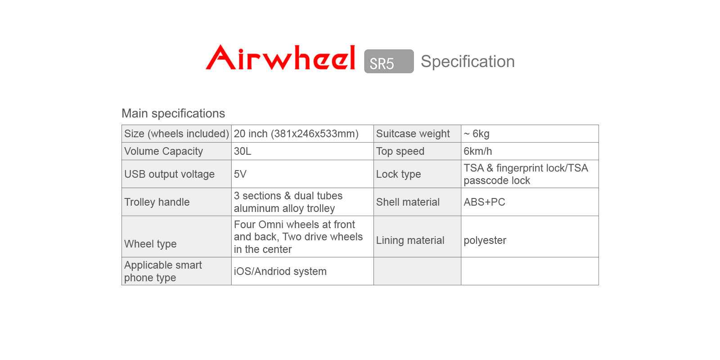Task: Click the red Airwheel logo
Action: pyautogui.click(x=280, y=58)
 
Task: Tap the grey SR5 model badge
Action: pyautogui.click(x=389, y=62)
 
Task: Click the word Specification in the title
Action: pyautogui.click(x=468, y=62)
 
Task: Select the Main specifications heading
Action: pyautogui.click(x=173, y=113)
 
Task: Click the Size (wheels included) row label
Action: pyautogui.click(x=176, y=134)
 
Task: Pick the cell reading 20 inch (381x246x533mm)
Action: pyautogui.click(x=296, y=134)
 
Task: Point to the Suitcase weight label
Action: pyautogui.click(x=413, y=134)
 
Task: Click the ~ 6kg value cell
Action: pyautogui.click(x=477, y=134)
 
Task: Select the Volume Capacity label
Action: pyautogui.click(x=163, y=151)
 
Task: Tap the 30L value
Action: pyautogui.click(x=243, y=151)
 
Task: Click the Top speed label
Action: pyautogui.click(x=400, y=151)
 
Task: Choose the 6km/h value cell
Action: pyautogui.click(x=477, y=151)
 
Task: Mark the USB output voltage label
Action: pyautogui.click(x=169, y=174)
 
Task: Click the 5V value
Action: pyautogui.click(x=240, y=174)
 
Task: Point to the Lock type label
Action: pyautogui.click(x=398, y=174)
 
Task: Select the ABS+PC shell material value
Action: pyautogui.click(x=484, y=202)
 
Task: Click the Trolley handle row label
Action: pyautogui.click(x=157, y=202)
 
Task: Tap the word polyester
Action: pyautogui.click(x=485, y=240)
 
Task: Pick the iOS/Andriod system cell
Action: pyautogui.click(x=280, y=271)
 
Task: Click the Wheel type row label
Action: pyautogui.click(x=150, y=244)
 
